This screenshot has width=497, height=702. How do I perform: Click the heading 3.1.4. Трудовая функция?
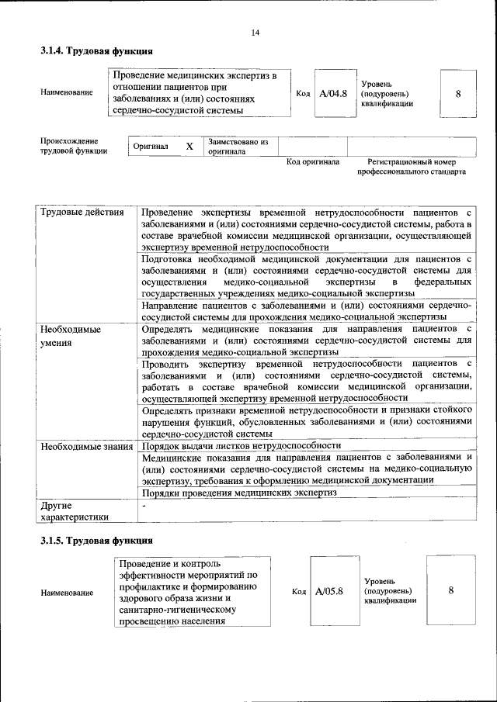point(96,51)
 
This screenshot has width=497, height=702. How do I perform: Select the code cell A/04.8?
point(332,93)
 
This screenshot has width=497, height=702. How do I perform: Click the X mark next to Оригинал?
point(189,146)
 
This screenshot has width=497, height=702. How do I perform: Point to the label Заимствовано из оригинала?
point(237,147)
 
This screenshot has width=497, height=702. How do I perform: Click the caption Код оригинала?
point(312,162)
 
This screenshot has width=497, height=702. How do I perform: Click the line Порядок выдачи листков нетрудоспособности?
point(242,446)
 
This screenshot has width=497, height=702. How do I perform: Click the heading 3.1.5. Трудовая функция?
point(96,540)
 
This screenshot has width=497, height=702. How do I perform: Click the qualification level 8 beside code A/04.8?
point(458,93)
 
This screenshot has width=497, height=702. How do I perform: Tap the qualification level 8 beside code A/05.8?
point(451,590)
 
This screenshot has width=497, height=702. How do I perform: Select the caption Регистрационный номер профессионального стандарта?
point(412,167)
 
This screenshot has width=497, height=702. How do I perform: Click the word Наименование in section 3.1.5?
point(67,593)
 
